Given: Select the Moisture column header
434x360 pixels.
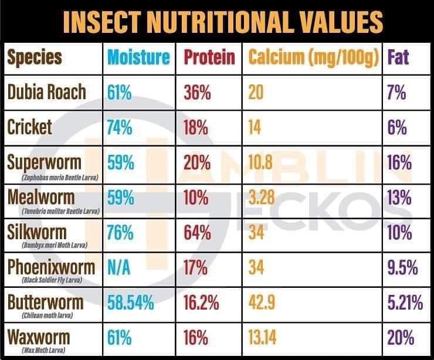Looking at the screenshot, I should pyautogui.click(x=138, y=57).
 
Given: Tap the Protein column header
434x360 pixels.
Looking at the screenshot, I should pyautogui.click(x=209, y=57).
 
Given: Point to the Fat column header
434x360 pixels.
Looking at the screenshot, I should pyautogui.click(x=399, y=57).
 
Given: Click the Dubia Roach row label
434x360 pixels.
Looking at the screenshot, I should pyautogui.click(x=47, y=92).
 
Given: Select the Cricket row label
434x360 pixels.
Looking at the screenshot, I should pyautogui.click(x=30, y=127).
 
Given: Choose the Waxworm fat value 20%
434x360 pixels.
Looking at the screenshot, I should pyautogui.click(x=401, y=338).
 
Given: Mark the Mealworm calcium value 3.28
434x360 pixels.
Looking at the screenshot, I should pyautogui.click(x=262, y=198).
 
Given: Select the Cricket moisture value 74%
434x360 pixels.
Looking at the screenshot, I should pyautogui.click(x=120, y=127).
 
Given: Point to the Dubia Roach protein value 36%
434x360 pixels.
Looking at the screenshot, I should pyautogui.click(x=197, y=92).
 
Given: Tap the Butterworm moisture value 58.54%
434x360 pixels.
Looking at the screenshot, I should pyautogui.click(x=130, y=303).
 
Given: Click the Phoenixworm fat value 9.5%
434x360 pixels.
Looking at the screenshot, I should pyautogui.click(x=403, y=268).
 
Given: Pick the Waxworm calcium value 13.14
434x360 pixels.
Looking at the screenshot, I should pyautogui.click(x=264, y=338).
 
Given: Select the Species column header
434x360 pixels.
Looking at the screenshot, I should pyautogui.click(x=35, y=57).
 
